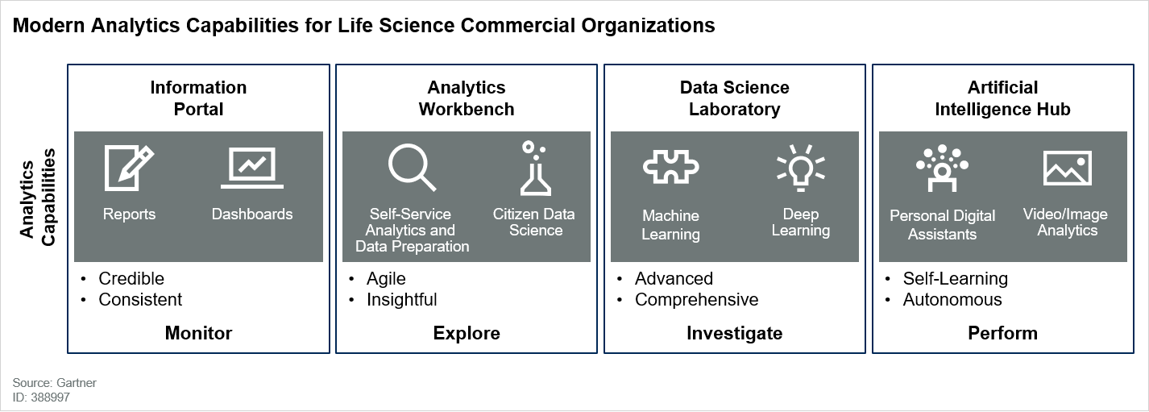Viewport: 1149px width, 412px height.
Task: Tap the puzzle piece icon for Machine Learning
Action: [x=671, y=167]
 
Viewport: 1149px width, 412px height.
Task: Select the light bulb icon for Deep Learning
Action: [x=801, y=168]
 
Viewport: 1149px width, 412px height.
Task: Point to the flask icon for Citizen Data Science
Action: [x=535, y=169]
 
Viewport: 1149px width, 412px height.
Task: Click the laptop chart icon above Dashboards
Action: [x=252, y=169]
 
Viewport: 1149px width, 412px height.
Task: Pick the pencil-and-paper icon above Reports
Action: [x=129, y=168]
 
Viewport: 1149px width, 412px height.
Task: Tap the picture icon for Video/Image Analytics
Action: [x=1068, y=168]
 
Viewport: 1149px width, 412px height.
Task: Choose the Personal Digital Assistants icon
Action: [x=942, y=169]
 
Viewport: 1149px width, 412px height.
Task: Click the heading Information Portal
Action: [x=198, y=98]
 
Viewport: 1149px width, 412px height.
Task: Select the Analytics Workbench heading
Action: [x=467, y=98]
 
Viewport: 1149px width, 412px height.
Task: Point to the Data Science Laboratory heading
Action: [x=735, y=98]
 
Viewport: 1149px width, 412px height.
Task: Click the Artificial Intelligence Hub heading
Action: [x=1003, y=98]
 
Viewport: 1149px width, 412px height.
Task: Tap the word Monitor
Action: [x=198, y=333]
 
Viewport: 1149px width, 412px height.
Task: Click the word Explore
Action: [x=467, y=334]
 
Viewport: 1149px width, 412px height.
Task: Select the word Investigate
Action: [x=735, y=334]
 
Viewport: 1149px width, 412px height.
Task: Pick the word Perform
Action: [x=1003, y=333]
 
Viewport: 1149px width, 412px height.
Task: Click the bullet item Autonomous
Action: [x=952, y=299]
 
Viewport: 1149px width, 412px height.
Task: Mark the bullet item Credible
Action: [x=131, y=279]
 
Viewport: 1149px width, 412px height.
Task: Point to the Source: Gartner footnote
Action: [x=54, y=383]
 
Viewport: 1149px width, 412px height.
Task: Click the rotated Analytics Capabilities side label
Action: [x=37, y=198]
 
